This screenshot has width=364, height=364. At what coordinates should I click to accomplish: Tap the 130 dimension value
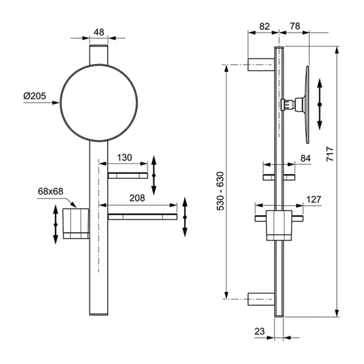click(124, 158)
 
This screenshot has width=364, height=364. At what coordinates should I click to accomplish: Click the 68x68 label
click(51, 191)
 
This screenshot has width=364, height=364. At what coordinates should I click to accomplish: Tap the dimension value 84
click(305, 159)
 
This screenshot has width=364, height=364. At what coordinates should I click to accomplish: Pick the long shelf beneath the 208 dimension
click(142, 216)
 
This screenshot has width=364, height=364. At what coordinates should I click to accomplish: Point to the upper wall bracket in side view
click(262, 63)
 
